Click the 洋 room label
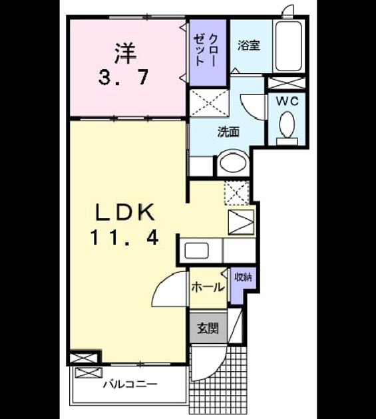click(125, 54)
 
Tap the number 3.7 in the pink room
click(123, 78)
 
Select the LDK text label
click(126, 212)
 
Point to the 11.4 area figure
click(125, 238)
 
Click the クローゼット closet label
click(206, 50)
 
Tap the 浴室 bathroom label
click(249, 45)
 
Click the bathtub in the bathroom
click(289, 46)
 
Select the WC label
click(287, 101)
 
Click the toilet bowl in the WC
click(287, 125)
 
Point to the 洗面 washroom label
click(228, 132)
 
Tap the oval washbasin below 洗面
click(233, 162)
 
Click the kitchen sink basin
click(197, 251)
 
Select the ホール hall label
click(208, 287)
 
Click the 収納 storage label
click(244, 277)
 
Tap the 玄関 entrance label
click(208, 328)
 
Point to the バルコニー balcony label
click(130, 384)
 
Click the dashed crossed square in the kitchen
click(237, 193)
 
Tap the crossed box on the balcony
click(89, 372)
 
